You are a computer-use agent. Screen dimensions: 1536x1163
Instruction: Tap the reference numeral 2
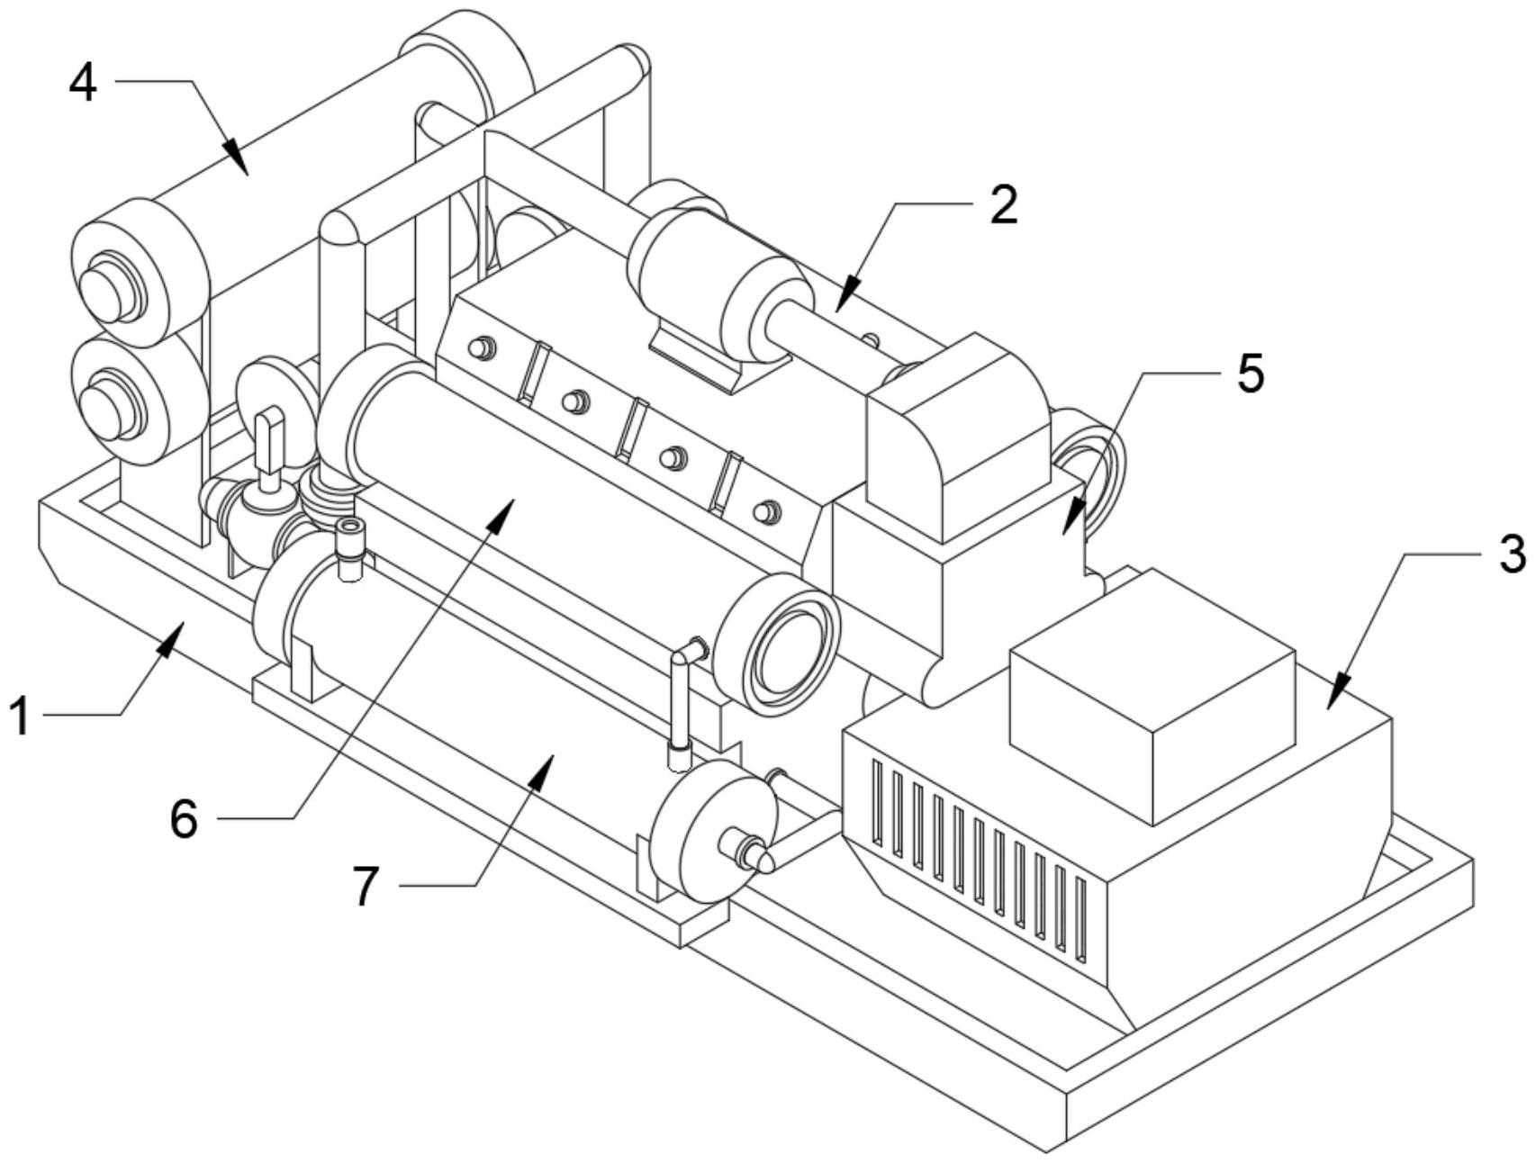pyautogui.click(x=1002, y=204)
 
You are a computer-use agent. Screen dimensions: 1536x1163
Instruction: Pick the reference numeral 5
pyautogui.click(x=1250, y=373)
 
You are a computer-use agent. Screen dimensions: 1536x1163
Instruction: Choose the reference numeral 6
pyautogui.click(x=184, y=818)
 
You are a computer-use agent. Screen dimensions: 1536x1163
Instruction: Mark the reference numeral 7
pyautogui.click(x=365, y=887)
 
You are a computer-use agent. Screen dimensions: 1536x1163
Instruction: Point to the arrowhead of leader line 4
pyautogui.click(x=236, y=155)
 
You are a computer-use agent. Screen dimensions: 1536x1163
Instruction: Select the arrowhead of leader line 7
pyautogui.click(x=539, y=771)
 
